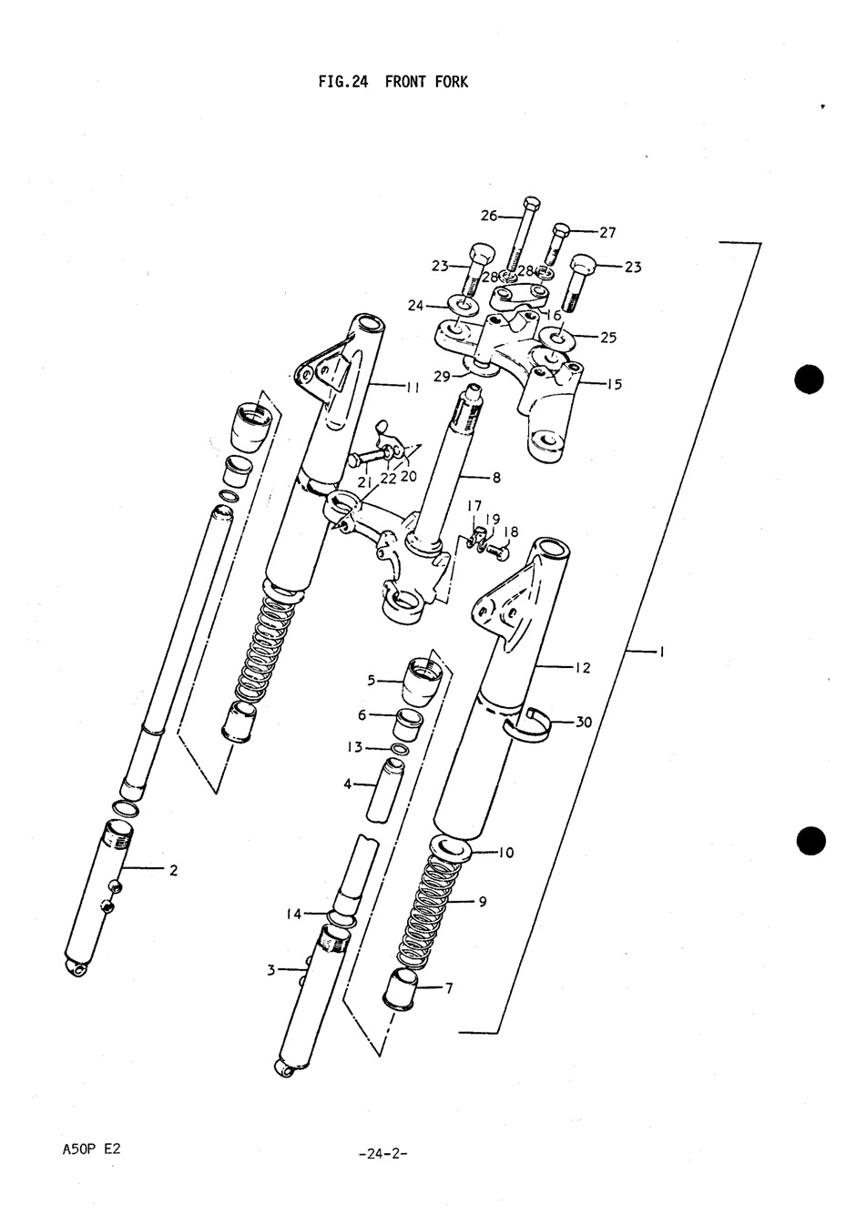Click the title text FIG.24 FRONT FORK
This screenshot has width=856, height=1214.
coord(392,82)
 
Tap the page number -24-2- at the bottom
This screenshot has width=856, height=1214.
coord(383,1154)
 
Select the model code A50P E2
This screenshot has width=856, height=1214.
coord(90,1149)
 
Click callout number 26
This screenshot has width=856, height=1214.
coord(489,216)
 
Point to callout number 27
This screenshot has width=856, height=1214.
coord(606,232)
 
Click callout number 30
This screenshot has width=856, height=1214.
coord(584,722)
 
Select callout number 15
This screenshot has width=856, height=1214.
coord(614,384)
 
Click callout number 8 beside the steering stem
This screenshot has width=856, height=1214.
coord(496,477)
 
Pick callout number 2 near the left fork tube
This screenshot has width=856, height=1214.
coord(172,870)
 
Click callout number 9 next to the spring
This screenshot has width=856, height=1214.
coord(482,902)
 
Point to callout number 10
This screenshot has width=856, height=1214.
coord(506,853)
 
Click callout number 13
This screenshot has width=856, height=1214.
coord(354,747)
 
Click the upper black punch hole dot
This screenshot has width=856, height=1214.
coord(809,379)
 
